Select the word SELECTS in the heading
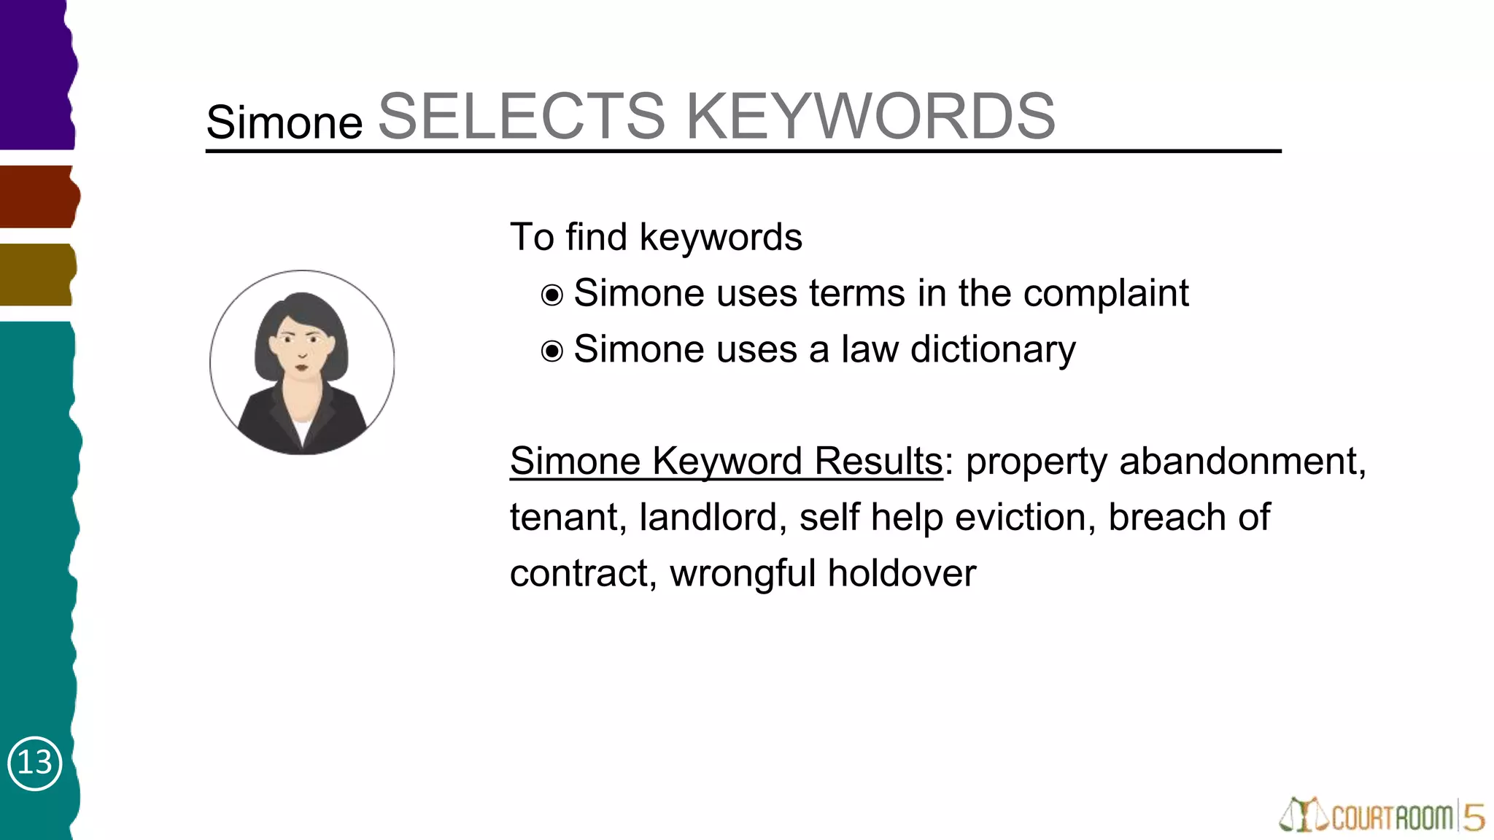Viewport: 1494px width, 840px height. pyautogui.click(x=522, y=117)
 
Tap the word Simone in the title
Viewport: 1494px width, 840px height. pyautogui.click(x=285, y=122)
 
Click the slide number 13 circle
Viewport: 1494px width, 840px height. pyautogui.click(x=34, y=763)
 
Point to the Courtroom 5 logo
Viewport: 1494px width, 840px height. pyautogui.click(x=1382, y=816)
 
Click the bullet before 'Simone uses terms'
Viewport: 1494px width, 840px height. pyautogui.click(x=552, y=295)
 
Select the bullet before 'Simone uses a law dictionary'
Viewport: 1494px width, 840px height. pyautogui.click(x=552, y=351)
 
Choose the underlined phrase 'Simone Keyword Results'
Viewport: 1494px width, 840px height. pyautogui.click(x=726, y=462)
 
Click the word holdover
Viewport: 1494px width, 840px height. pyautogui.click(x=902, y=574)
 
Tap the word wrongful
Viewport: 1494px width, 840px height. pyautogui.click(x=742, y=574)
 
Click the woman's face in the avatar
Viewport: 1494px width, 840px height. pyautogui.click(x=301, y=347)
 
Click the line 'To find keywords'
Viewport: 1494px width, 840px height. pyautogui.click(x=656, y=238)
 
